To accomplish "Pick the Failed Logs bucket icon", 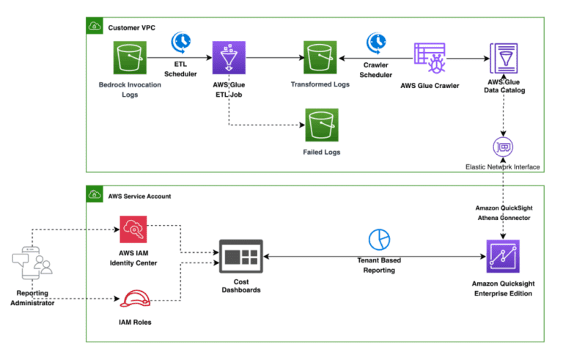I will [320, 126].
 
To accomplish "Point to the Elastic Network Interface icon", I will [503, 146].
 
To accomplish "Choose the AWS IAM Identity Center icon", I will [134, 232].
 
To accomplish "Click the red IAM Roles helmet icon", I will [135, 301].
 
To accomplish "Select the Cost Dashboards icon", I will [240, 257].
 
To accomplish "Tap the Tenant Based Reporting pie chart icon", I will [380, 239].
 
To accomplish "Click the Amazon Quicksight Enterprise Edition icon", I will [503, 257].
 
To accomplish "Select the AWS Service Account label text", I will [139, 196].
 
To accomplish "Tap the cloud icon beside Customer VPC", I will [95, 27].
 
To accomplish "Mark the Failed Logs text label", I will [320, 152].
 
